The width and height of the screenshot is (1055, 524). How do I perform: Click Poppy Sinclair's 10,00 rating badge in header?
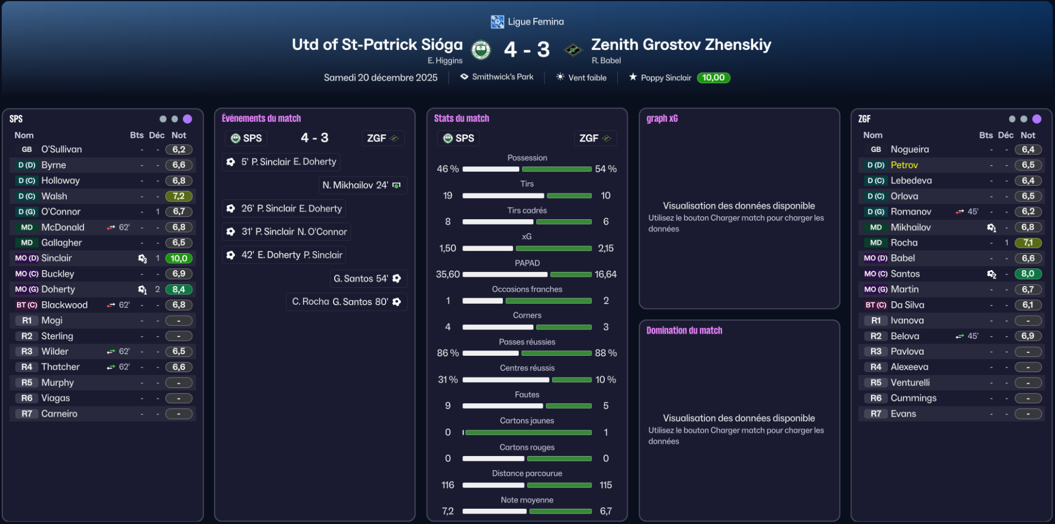coord(713,77)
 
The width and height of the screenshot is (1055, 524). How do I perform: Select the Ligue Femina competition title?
coord(535,22)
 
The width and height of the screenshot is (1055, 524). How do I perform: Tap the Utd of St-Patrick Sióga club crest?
coord(481,50)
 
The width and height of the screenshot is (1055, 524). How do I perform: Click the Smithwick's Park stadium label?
coord(502,77)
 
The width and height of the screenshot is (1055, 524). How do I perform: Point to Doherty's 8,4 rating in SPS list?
coord(179,290)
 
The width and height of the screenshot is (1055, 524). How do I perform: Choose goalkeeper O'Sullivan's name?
coord(62,149)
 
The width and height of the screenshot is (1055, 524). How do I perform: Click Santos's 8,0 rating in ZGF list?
coord(1027,274)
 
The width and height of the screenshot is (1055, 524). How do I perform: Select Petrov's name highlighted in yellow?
coord(904,165)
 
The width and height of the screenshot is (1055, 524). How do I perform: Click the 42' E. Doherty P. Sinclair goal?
coord(285,255)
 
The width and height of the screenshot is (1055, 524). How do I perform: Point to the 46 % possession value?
coord(448,169)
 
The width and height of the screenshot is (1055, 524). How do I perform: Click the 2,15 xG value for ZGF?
coord(605,249)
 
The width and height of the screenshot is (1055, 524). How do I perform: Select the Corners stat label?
coord(527,315)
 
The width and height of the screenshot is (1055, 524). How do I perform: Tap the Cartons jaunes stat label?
coord(527,421)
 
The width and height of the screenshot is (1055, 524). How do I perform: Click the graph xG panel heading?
coord(662,118)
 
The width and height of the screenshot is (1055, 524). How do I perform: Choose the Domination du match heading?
coord(684,331)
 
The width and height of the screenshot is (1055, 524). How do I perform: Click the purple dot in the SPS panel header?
coord(188,119)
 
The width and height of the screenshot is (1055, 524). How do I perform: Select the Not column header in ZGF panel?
coord(1027,135)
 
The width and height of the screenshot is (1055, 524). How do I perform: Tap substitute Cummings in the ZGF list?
coord(913,398)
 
